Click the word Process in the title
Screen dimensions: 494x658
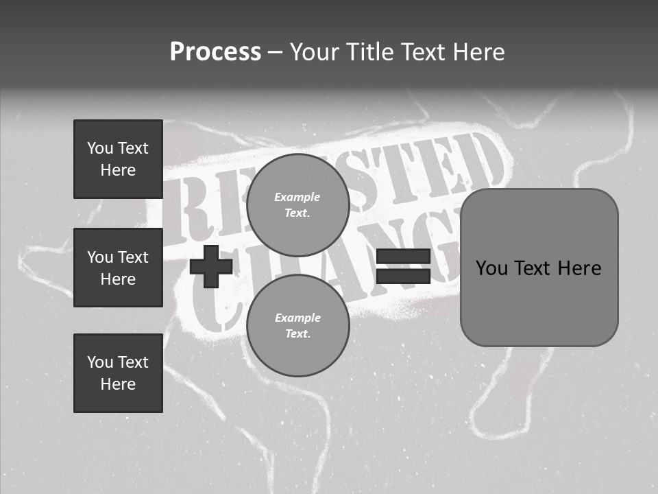(x=215, y=52)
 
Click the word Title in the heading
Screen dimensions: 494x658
(x=371, y=52)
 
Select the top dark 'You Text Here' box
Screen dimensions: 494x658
(x=118, y=159)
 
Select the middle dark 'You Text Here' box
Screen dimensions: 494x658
(x=118, y=268)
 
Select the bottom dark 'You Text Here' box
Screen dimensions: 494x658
(x=118, y=373)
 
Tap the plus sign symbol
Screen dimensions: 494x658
(x=211, y=266)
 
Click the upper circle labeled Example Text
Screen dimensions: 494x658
(x=297, y=205)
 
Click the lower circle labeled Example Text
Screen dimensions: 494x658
(x=297, y=326)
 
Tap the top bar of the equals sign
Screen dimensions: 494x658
(x=403, y=257)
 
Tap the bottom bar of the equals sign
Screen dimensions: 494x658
(x=403, y=277)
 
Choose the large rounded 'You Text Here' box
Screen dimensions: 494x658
(x=539, y=268)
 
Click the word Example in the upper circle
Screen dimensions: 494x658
(x=297, y=197)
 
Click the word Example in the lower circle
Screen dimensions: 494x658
(x=297, y=318)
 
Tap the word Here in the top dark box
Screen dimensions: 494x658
(x=118, y=170)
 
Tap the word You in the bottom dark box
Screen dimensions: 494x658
(x=100, y=362)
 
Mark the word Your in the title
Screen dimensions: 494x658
(x=316, y=52)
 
